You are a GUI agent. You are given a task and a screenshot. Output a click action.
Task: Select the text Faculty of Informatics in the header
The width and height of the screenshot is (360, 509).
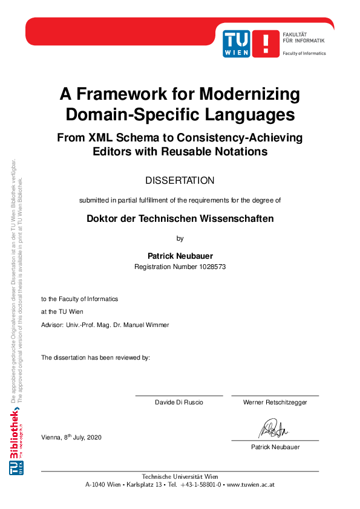point(304,53)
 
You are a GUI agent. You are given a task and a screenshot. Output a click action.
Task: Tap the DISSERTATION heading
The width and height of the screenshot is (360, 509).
point(180,180)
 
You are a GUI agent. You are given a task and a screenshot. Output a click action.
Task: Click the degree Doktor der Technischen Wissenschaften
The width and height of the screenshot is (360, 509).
point(180,219)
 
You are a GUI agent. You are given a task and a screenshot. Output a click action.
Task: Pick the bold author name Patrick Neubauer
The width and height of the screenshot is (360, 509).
point(180,256)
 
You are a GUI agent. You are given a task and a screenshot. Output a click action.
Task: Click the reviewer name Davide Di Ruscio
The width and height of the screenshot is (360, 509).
point(179,402)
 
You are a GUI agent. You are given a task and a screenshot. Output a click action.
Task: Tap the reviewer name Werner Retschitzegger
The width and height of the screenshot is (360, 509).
point(275,402)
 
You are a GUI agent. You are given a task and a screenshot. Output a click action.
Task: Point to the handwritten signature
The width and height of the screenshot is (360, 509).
point(274,429)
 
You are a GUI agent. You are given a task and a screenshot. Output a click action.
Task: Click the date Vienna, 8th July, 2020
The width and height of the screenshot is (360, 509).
point(71,436)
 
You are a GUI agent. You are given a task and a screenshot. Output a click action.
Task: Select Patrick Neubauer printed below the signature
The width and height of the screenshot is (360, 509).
point(275,447)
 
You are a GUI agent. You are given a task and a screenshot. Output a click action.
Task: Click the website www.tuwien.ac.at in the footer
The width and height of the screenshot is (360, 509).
point(250,484)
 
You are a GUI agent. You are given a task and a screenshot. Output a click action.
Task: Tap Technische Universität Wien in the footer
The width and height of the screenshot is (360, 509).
point(180,476)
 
